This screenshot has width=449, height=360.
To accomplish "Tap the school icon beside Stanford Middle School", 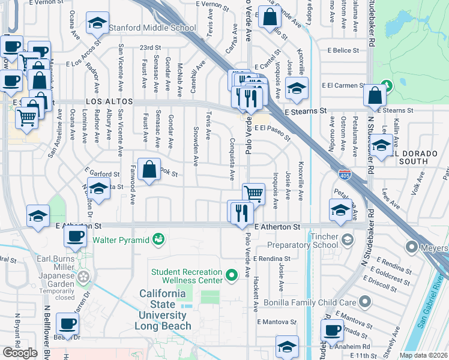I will (97, 23).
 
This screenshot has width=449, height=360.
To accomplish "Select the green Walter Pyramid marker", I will (158, 240).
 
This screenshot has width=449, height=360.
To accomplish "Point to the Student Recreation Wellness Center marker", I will (232, 277).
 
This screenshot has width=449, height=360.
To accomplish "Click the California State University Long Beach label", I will (162, 310).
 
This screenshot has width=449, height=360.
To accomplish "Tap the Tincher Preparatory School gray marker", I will (348, 241).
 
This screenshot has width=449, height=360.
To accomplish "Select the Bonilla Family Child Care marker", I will (363, 301).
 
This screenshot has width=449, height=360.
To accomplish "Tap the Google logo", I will (20, 352).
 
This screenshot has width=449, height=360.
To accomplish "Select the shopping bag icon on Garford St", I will (149, 170).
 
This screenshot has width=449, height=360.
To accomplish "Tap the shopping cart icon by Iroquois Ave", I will (254, 193).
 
